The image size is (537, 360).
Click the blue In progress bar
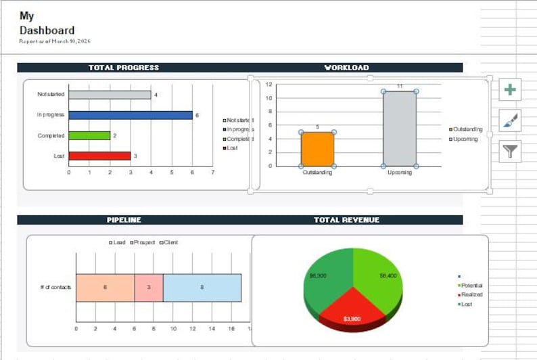pos(130,115)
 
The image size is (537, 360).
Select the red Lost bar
pos(99,156)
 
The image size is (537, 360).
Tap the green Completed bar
pos(89,135)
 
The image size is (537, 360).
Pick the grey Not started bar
pos(110,95)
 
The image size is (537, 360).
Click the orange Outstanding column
pos(317,149)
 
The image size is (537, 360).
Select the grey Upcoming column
pos(400,129)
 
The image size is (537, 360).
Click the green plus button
pos(510,89)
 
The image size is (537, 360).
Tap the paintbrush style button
pos(510,120)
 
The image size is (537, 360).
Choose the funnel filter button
pos(510,152)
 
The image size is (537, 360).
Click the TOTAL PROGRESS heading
pos(124,68)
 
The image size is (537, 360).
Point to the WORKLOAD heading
pos(346,68)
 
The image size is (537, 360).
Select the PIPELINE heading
pos(124,220)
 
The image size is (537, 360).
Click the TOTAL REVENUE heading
pos(346,220)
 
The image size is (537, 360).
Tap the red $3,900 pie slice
pos(352,315)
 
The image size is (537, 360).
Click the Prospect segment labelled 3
pos(149,288)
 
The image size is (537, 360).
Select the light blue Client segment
pos(202,288)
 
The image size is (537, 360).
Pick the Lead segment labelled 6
pos(105,288)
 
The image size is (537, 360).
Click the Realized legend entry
pos(471,295)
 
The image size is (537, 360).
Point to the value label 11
pos(400,86)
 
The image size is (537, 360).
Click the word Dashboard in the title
pos(47,30)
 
